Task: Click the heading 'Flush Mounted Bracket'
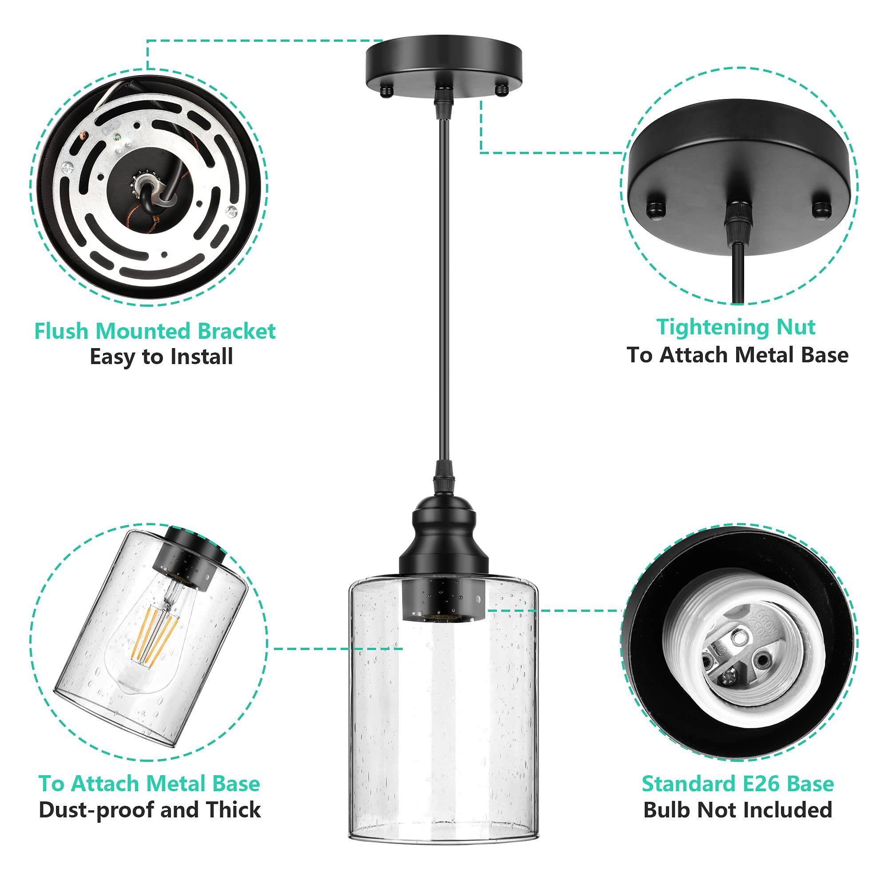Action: pos(155,331)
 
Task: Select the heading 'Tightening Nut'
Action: pos(736,327)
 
